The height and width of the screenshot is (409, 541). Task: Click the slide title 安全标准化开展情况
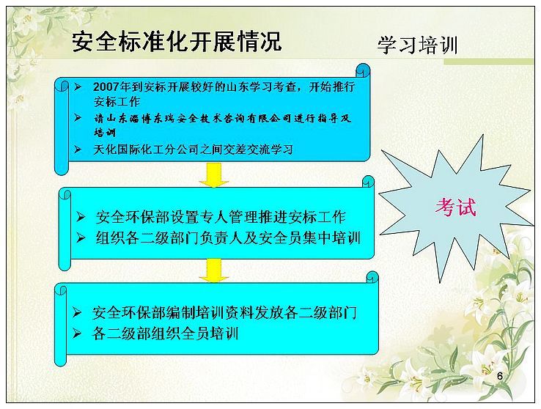(x=177, y=42)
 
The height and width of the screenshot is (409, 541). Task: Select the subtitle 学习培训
(x=418, y=45)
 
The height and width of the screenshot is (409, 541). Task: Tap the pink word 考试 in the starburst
(x=455, y=207)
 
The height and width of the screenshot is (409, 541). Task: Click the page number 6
(x=500, y=376)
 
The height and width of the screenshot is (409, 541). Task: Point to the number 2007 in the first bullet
(x=105, y=87)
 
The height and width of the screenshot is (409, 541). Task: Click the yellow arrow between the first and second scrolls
(x=214, y=175)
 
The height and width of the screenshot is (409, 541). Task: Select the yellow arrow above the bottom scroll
(x=214, y=270)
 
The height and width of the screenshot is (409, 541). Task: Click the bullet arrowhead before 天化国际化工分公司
(x=78, y=150)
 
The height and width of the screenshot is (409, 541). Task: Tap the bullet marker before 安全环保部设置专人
(x=81, y=217)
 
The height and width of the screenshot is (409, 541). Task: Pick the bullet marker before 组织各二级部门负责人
(x=81, y=238)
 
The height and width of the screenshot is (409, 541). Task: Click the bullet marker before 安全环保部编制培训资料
(x=76, y=313)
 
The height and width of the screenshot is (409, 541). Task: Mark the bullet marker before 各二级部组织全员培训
(x=76, y=334)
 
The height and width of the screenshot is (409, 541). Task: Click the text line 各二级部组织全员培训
(x=165, y=334)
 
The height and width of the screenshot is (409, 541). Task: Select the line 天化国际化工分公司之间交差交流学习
(x=194, y=150)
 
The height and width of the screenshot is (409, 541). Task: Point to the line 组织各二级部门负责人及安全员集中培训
(x=228, y=238)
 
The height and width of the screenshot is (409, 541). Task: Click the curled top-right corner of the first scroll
(x=363, y=70)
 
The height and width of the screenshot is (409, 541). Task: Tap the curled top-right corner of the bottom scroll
(x=372, y=278)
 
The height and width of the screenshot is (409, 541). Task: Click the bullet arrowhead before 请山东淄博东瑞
(x=78, y=118)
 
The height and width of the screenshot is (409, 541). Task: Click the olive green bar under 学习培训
(x=488, y=62)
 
